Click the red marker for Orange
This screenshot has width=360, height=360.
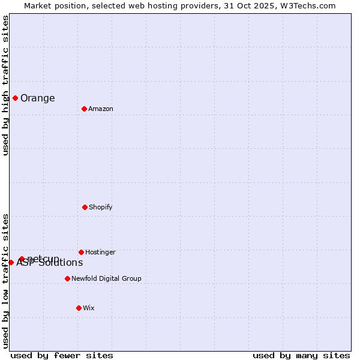[x=15, y=98]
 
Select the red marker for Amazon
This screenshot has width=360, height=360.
[x=84, y=109]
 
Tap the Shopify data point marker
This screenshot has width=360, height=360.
[x=85, y=207]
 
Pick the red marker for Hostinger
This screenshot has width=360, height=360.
[x=81, y=252]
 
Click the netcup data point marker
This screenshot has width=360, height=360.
[x=22, y=259]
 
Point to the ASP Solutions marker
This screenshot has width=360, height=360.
[x=11, y=262]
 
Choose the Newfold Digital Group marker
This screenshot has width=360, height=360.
[x=67, y=278]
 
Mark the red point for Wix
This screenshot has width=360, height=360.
[x=79, y=308]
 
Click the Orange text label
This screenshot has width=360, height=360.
[x=37, y=98]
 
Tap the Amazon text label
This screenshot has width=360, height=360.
[x=100, y=109]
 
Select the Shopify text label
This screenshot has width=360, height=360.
[x=100, y=207]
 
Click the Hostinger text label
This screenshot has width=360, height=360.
[x=100, y=252]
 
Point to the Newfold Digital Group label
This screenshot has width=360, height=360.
[x=106, y=278]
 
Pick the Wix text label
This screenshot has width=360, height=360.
[x=89, y=308]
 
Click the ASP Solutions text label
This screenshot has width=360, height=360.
[x=50, y=263]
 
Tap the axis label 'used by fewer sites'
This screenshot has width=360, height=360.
[x=62, y=355]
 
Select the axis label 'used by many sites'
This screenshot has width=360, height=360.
[x=301, y=355]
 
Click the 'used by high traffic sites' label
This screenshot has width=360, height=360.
[x=5, y=85]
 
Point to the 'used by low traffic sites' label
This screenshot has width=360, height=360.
[x=5, y=280]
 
